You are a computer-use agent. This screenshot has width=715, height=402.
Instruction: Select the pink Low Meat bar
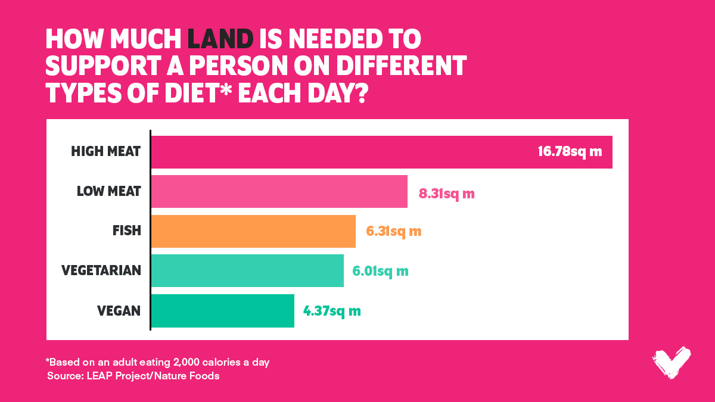click(x=279, y=191)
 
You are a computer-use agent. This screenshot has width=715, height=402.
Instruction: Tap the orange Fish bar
click(x=253, y=231)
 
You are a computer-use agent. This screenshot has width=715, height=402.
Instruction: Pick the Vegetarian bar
click(x=247, y=270)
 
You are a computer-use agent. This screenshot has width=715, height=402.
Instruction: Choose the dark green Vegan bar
click(x=222, y=310)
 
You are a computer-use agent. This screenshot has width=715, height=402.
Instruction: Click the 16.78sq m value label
click(x=570, y=151)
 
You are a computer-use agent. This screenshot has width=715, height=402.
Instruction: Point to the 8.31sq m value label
click(x=446, y=193)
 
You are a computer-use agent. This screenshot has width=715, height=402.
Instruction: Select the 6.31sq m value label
click(x=394, y=231)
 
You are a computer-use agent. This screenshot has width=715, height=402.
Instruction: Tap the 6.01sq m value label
click(x=380, y=271)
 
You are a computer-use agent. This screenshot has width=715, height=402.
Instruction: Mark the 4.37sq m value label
click(x=332, y=310)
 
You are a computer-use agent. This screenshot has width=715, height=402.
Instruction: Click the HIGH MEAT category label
click(x=105, y=151)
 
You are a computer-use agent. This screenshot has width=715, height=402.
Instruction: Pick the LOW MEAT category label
click(x=108, y=191)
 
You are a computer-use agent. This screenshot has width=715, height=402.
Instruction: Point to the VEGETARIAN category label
click(x=101, y=270)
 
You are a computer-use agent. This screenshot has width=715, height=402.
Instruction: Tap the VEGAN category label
click(x=119, y=310)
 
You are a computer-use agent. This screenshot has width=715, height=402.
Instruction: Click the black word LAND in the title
click(x=220, y=39)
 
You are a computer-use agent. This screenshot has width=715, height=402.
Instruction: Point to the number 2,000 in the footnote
click(x=172, y=362)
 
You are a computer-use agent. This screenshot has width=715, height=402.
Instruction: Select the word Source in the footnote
click(x=64, y=376)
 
